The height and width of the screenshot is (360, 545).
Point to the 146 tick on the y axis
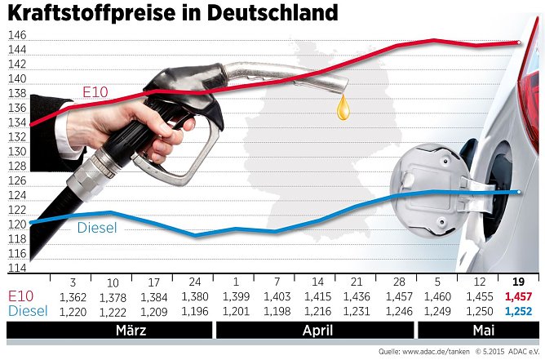(16, 36)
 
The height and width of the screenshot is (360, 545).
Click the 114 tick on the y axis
(16, 268)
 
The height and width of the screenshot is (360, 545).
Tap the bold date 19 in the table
(517, 282)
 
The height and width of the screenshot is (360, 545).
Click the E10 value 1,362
(73, 296)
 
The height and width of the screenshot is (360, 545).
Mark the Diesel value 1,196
(194, 311)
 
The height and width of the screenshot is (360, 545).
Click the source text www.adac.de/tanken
(425, 352)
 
